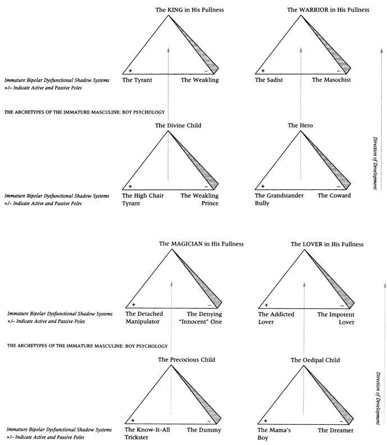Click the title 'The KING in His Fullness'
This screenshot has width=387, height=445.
tap(185, 10)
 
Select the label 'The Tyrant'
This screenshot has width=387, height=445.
tap(137, 80)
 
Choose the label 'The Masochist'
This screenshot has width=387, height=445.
tap(331, 80)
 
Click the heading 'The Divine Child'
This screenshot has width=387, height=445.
tap(178, 125)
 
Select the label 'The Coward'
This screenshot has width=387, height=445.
tap(334, 196)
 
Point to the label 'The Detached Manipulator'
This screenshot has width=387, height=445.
tap(143, 318)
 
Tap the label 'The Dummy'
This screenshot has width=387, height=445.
tap(206, 430)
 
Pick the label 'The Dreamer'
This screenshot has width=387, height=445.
tap(335, 430)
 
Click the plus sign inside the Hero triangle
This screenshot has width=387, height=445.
tap(262, 186)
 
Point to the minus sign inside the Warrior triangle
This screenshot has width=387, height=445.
tap(338, 71)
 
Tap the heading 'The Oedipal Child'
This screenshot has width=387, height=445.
tap(315, 360)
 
